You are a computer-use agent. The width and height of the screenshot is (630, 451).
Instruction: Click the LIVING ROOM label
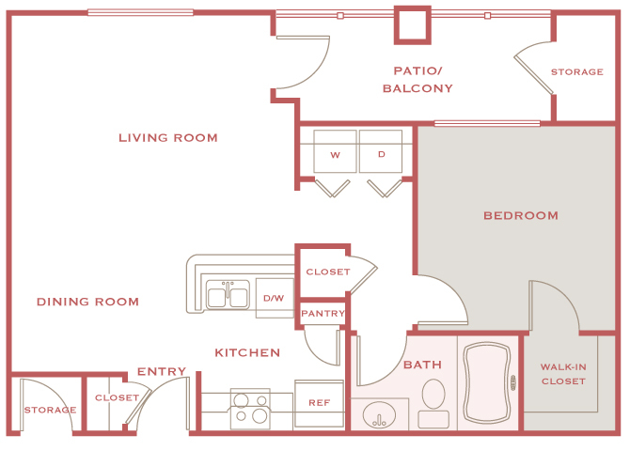pyautogui.click(x=168, y=138)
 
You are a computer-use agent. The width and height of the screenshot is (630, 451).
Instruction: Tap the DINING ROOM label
pyautogui.click(x=87, y=302)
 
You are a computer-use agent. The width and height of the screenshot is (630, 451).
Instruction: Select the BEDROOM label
pyautogui.click(x=520, y=215)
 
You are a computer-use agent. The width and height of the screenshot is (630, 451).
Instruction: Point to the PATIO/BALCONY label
pyautogui.click(x=417, y=80)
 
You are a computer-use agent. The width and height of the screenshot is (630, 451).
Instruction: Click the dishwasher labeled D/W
pyautogui.click(x=274, y=298)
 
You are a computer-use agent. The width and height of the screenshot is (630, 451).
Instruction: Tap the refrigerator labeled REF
pyautogui.click(x=319, y=402)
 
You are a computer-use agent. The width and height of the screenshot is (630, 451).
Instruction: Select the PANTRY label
pyautogui.click(x=323, y=314)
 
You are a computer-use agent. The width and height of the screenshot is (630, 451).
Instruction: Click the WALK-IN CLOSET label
pyautogui.click(x=563, y=374)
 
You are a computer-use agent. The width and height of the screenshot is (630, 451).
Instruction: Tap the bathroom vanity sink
pyautogui.click(x=380, y=413)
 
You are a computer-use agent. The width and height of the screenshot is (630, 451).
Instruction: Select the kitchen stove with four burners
pyautogui.click(x=249, y=408)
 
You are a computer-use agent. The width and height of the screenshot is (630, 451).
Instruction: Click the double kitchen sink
pyautogui.click(x=228, y=297)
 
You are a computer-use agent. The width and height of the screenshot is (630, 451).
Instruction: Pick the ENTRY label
pyautogui.click(x=162, y=372)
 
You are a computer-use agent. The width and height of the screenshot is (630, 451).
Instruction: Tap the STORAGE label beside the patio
pyautogui.click(x=576, y=71)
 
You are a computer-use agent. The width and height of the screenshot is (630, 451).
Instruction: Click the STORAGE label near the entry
pyautogui.click(x=50, y=410)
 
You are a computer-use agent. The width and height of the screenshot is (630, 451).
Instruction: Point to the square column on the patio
pyautogui.click(x=411, y=24)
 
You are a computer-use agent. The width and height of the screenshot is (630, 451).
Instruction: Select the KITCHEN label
pyautogui.click(x=247, y=352)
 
